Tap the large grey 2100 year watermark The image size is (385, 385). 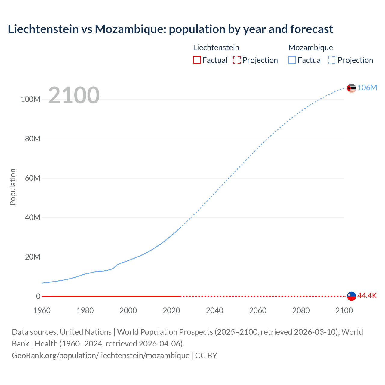[74, 95]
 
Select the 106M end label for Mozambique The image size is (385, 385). [367, 88]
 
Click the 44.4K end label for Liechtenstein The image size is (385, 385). [367, 296]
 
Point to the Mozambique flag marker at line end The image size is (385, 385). [351, 88]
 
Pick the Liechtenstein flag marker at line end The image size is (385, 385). [351, 296]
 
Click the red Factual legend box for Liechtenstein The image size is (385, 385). [197, 60]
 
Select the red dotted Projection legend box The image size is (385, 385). [237, 60]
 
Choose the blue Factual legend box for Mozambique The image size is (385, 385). [292, 60]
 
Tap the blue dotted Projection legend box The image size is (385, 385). [332, 60]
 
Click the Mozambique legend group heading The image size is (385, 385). [310, 48]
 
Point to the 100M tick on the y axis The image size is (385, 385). [30, 100]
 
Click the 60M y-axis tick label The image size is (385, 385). [32, 178]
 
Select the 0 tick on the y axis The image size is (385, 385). [38, 297]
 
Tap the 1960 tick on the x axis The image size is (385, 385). [42, 310]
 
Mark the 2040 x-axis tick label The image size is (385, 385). [214, 310]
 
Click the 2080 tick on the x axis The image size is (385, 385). [301, 310]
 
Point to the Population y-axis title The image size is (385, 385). [13, 187]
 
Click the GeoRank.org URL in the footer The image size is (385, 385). [100, 356]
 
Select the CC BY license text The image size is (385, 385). [206, 356]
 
